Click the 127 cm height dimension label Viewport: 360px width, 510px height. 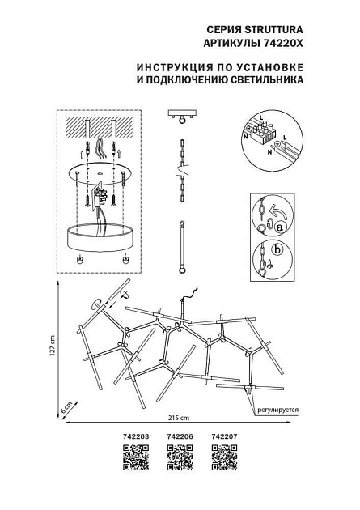(52, 349)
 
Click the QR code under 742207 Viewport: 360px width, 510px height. (222, 459)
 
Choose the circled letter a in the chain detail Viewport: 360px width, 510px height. (280, 229)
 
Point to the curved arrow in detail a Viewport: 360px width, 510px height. (273, 212)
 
